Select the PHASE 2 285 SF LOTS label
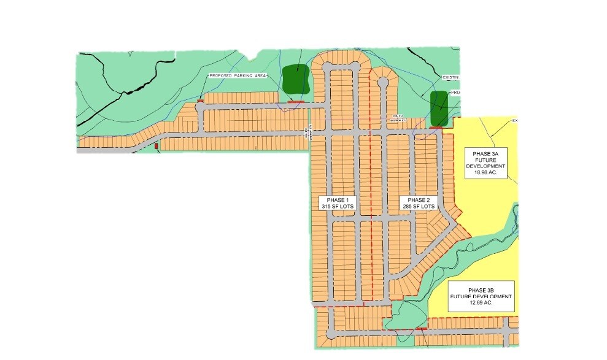pyautogui.click(x=419, y=204)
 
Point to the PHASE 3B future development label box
pyautogui.click(x=481, y=296)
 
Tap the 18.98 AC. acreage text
pyautogui.click(x=485, y=173)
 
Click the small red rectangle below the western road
pyautogui.click(x=157, y=146)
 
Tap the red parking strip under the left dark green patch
pyautogui.click(x=296, y=101)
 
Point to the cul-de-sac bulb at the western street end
pyautogui.click(x=200, y=107)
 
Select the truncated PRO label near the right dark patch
pyautogui.click(x=455, y=93)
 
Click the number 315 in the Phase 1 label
pyautogui.click(x=327, y=207)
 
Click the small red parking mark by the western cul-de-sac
pyautogui.click(x=201, y=100)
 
